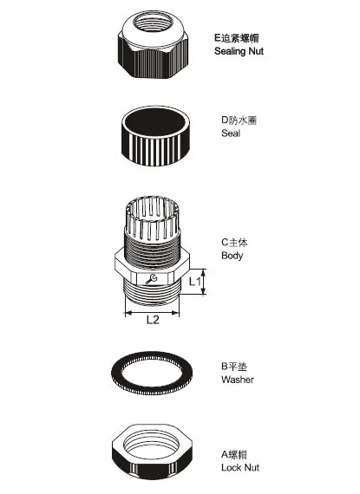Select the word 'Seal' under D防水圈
coord(231,133)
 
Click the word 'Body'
coord(232,256)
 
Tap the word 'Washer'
coord(238,380)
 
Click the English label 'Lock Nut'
coord(240,468)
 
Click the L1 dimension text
coord(194,281)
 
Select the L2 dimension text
coord(152,320)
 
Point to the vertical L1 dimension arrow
coord(206,281)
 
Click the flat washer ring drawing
coord(152,374)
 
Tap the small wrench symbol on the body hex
coord(152,279)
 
